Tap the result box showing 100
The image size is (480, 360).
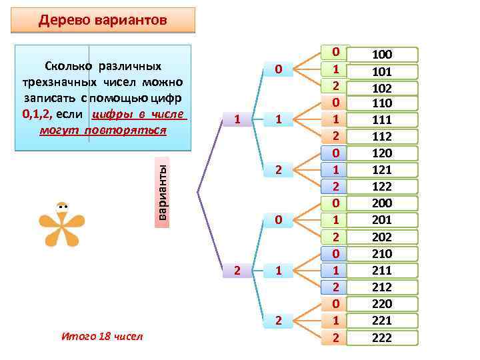[382, 55]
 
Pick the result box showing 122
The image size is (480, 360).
[382, 187]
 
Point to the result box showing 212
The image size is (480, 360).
[382, 287]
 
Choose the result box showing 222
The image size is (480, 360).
[382, 337]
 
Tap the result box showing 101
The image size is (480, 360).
[382, 71]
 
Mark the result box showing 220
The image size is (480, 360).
[382, 304]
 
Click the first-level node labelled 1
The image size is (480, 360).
[238, 120]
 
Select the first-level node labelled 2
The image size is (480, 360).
[238, 270]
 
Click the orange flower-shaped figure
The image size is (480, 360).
[62, 223]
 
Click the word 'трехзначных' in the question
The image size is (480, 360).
[57, 82]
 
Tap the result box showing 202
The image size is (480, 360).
[382, 237]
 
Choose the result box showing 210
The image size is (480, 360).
[382, 254]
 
